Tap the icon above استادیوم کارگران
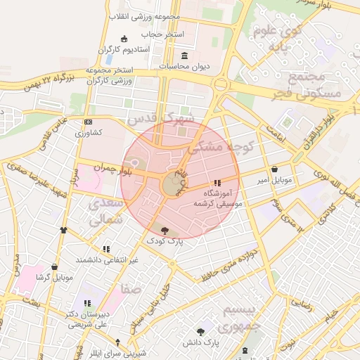124,38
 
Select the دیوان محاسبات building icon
185,56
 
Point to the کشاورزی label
89,132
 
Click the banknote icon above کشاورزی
88,122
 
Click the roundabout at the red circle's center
173,186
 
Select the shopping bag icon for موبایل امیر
274,169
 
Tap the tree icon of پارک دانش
202,331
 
